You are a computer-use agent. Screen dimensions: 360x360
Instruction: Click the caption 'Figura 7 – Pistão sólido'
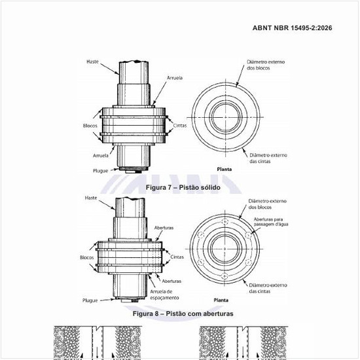pyautogui.click(x=179, y=188)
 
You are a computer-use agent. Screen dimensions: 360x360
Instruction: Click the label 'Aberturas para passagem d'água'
pyautogui.click(x=270, y=223)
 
